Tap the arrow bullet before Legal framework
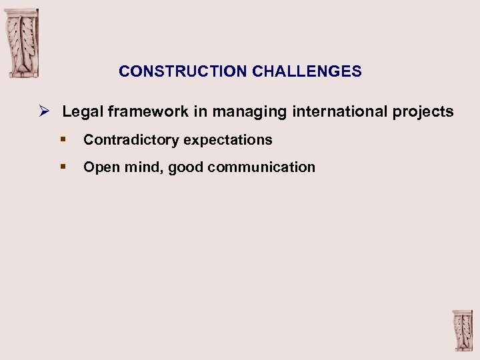point(45,111)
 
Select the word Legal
point(79,112)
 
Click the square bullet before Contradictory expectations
point(62,139)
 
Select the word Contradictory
point(131,140)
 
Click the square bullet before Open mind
point(62,167)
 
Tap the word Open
point(101,167)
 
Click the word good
point(185,167)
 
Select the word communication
point(261,167)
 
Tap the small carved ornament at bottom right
point(461,331)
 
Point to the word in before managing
point(201,112)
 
